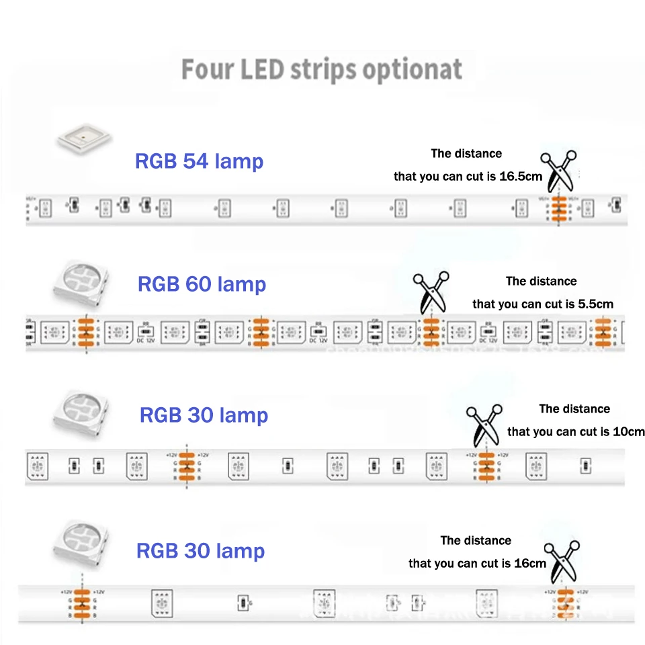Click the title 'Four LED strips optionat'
[322, 70]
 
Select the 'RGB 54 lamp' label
[200, 161]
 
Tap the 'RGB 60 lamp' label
[202, 284]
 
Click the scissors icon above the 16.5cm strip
[560, 171]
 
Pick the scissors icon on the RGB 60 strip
[431, 293]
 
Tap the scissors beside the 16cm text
[564, 561]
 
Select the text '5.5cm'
[595, 304]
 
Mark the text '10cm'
[629, 431]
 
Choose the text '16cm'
[531, 563]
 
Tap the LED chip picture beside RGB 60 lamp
[81, 283]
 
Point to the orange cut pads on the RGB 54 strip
[557, 209]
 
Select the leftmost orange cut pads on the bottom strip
[81, 603]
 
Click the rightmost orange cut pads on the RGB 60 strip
[603, 332]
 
